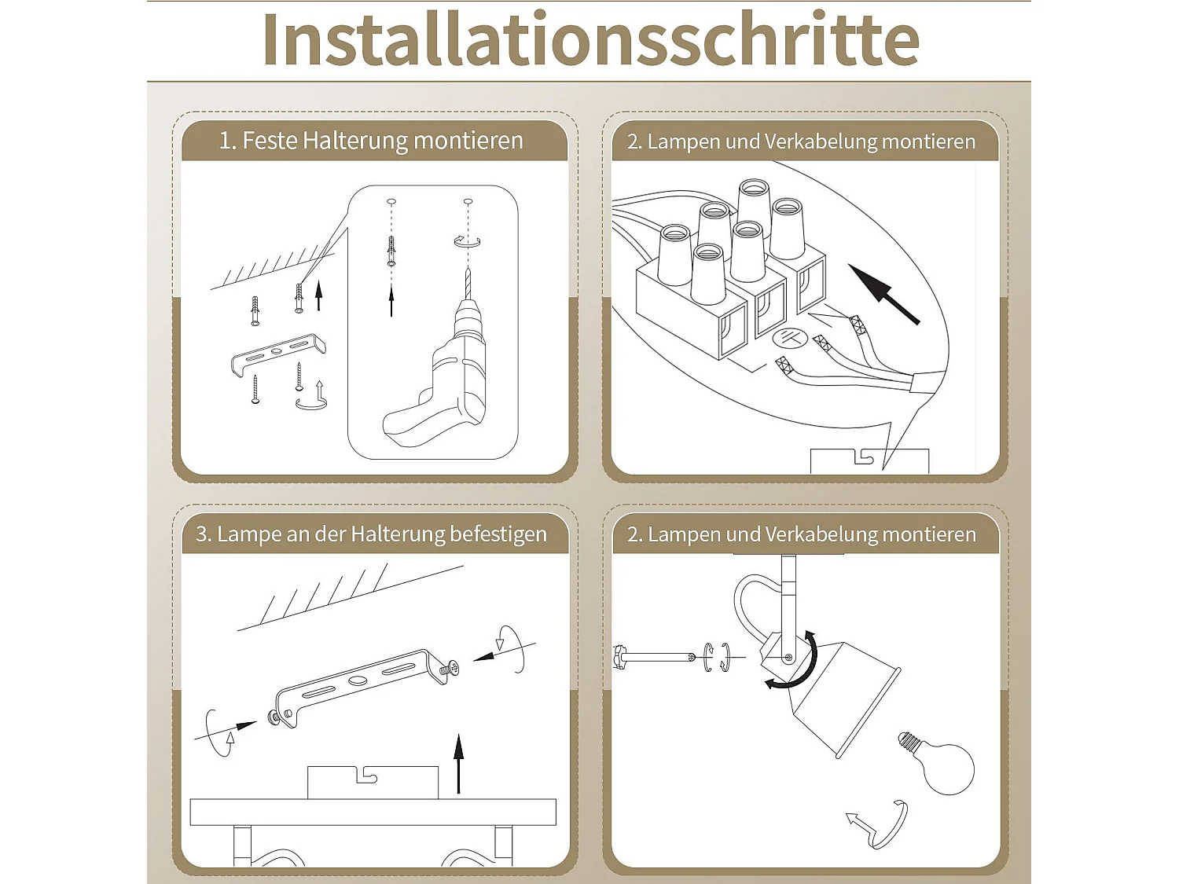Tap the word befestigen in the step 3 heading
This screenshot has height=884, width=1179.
pyautogui.click(x=498, y=534)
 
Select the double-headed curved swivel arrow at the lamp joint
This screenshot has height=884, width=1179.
pyautogui.click(x=802, y=664)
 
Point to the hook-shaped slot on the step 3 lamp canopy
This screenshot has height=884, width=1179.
pyautogui.click(x=366, y=776)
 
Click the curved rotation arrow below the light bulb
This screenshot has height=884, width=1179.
pyautogui.click(x=879, y=825)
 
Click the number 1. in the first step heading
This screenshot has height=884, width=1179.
pyautogui.click(x=227, y=141)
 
